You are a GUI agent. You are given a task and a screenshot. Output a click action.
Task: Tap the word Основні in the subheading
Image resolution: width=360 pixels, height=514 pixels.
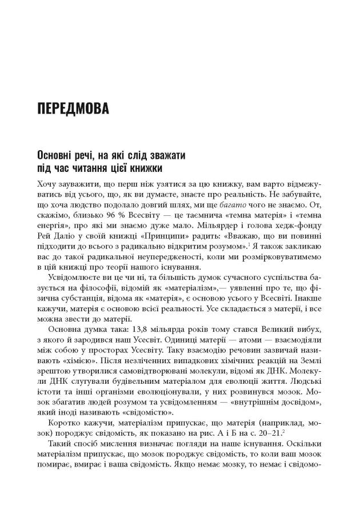[x=55, y=155]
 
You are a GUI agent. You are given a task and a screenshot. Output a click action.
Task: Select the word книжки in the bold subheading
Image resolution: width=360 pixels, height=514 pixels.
[x=145, y=168]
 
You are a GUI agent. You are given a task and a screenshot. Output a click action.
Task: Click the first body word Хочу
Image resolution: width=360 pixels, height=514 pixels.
[x=46, y=184]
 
